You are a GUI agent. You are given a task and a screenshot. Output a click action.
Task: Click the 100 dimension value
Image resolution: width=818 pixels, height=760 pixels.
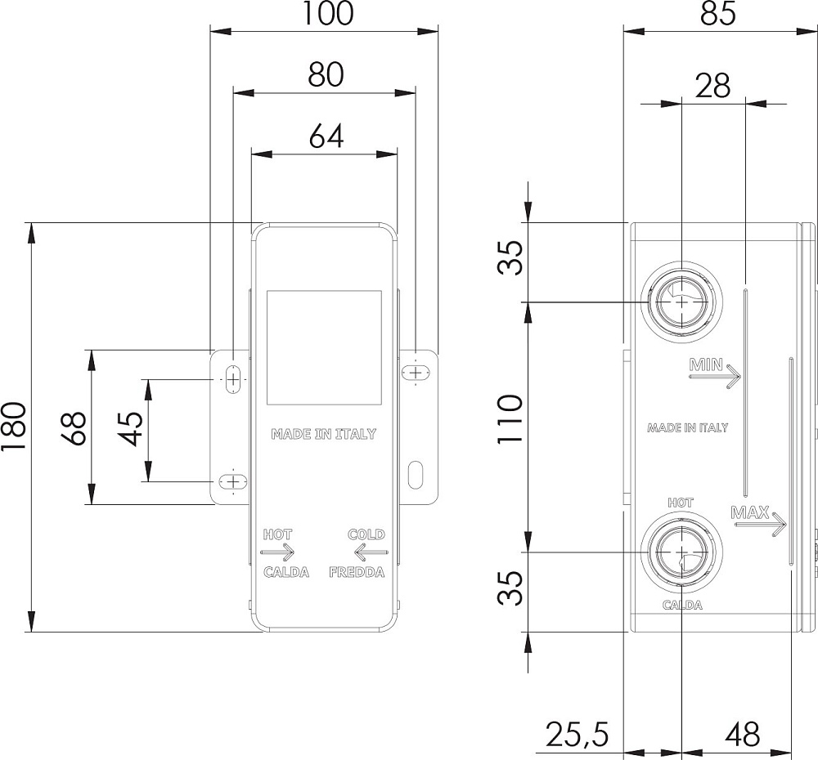(x=327, y=13)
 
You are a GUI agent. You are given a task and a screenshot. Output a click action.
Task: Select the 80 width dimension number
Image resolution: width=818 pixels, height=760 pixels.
(x=326, y=74)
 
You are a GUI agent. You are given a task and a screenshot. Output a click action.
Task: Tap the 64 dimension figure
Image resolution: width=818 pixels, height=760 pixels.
(x=326, y=136)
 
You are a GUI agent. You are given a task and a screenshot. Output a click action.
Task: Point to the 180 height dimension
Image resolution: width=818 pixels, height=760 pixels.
(x=13, y=427)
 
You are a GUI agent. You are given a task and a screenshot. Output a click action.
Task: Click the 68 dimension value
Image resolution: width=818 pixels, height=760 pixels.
(x=75, y=428)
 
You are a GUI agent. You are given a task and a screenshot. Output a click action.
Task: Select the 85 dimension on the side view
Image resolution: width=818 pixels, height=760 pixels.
(x=718, y=13)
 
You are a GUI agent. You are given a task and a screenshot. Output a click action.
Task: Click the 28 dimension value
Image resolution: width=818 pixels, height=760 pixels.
(x=712, y=86)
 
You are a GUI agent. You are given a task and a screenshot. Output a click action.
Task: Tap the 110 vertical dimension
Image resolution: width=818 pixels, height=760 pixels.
(x=510, y=419)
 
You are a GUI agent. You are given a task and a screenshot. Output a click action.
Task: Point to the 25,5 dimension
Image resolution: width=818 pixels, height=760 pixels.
(x=578, y=735)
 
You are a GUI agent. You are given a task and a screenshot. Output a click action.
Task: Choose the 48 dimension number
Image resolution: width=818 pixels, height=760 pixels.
(x=743, y=735)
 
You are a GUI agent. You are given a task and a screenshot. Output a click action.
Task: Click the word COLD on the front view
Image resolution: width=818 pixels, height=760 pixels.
(x=366, y=534)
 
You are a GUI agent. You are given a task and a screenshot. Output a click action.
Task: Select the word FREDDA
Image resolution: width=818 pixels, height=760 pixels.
(x=357, y=572)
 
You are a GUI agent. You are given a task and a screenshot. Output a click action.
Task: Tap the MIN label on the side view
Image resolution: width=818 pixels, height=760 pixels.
(x=707, y=364)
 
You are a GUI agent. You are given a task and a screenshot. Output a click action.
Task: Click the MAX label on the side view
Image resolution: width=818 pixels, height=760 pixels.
(x=750, y=513)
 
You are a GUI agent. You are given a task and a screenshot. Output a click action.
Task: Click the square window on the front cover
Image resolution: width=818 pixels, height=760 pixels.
(x=325, y=347)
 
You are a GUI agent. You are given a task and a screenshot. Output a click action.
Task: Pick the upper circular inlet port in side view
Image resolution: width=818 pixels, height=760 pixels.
(x=681, y=302)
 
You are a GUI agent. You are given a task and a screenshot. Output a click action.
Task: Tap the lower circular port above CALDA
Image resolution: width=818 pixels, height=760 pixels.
(x=681, y=552)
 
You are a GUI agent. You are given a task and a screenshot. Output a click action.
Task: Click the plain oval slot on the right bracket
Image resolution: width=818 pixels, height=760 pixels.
(x=416, y=475)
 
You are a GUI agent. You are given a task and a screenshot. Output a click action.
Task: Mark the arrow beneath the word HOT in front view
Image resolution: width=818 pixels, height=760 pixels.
(x=277, y=552)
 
